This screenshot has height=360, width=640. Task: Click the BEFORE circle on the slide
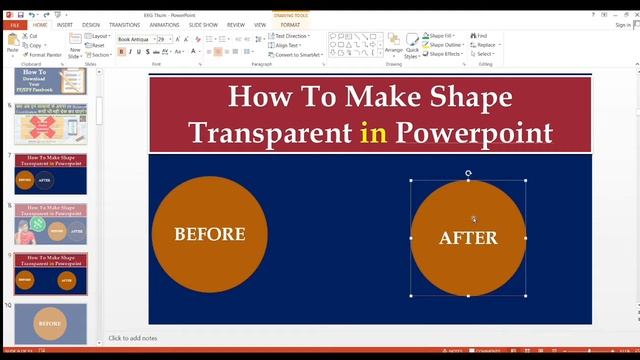coord(210,234)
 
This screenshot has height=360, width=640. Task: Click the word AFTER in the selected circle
coord(468,238)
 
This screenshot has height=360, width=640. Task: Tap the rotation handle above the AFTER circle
coord(468,173)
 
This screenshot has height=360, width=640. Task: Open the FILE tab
coord(13,24)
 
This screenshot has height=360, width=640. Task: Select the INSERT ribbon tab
coord(63,24)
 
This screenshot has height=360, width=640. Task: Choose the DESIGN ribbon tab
coord(91,24)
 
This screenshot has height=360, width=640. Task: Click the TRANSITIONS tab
coord(125,24)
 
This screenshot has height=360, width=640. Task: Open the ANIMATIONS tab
coord(165,24)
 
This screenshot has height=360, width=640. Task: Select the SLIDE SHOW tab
coord(204,24)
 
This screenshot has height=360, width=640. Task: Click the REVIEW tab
coord(236,24)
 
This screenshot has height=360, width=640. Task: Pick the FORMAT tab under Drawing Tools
coord(290,24)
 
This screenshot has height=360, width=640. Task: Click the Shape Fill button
coord(441,36)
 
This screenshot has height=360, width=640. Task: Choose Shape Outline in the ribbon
coord(443,45)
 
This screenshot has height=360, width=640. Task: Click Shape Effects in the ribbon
coord(443,54)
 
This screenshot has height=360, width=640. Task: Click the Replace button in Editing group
coord(485,45)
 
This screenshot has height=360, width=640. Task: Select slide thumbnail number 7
coord(50,172)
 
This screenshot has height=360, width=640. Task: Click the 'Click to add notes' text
coord(133,338)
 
